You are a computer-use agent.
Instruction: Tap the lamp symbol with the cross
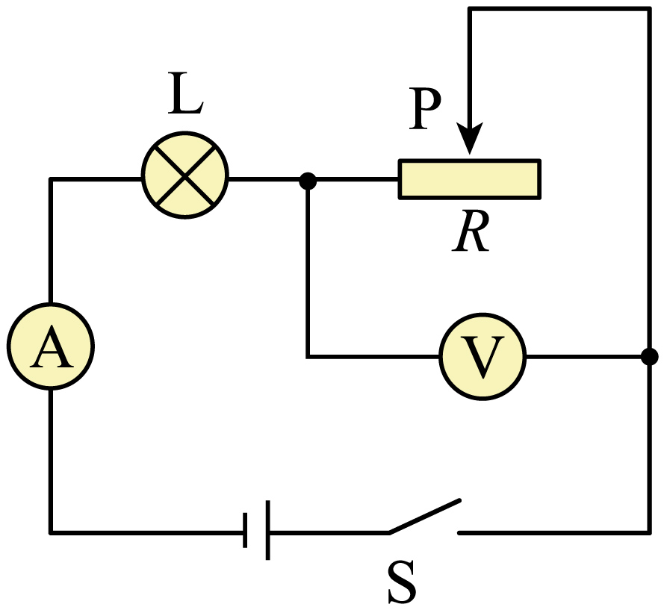(185, 175)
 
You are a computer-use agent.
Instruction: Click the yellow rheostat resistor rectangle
(470, 179)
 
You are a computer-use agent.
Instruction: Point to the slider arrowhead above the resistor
(469, 138)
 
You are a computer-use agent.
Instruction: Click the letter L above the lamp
(185, 93)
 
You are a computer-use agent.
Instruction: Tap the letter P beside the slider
(425, 108)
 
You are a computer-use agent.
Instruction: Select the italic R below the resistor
(471, 231)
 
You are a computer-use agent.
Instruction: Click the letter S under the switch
(402, 582)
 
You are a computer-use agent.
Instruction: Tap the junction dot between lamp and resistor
(308, 181)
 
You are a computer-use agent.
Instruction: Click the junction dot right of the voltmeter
(649, 356)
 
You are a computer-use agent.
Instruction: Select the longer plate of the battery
(267, 530)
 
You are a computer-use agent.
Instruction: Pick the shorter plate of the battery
(245, 530)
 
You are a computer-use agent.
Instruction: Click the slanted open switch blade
(424, 516)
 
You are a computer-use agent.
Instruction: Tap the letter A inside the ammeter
(52, 346)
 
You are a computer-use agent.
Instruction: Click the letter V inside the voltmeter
(483, 358)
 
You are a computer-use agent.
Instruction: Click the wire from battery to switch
(329, 532)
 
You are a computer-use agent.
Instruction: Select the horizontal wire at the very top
(559, 9)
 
